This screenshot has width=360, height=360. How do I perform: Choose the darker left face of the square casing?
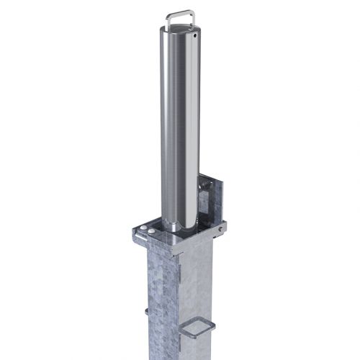pos(159,302)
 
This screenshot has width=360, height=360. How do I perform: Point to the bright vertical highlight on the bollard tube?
pos(189,130)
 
